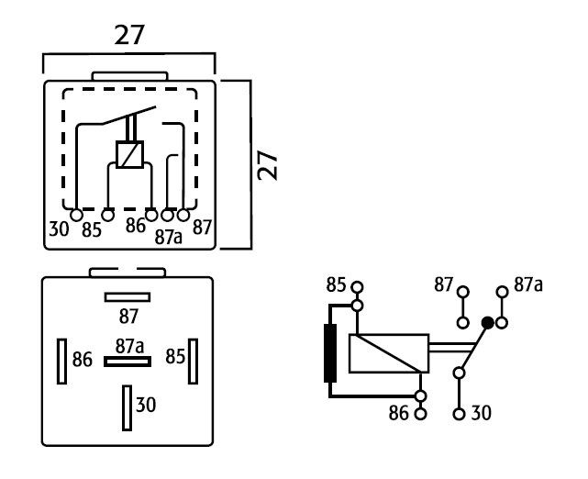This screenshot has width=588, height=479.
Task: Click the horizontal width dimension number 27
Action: click(x=129, y=35)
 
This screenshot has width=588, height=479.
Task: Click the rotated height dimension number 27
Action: click(x=268, y=165)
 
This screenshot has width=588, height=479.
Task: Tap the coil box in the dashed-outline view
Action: click(x=129, y=154)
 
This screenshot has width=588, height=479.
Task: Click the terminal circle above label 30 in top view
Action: click(x=76, y=216)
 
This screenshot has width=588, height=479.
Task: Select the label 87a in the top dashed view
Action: click(x=169, y=237)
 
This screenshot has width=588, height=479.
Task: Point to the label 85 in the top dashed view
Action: click(x=92, y=230)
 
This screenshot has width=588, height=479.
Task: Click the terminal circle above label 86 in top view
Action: click(x=151, y=215)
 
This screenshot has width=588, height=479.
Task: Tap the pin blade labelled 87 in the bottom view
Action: click(x=128, y=297)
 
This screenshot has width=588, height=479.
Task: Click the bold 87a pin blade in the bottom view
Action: click(x=128, y=362)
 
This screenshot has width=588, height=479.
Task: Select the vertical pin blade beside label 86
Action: click(x=61, y=362)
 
